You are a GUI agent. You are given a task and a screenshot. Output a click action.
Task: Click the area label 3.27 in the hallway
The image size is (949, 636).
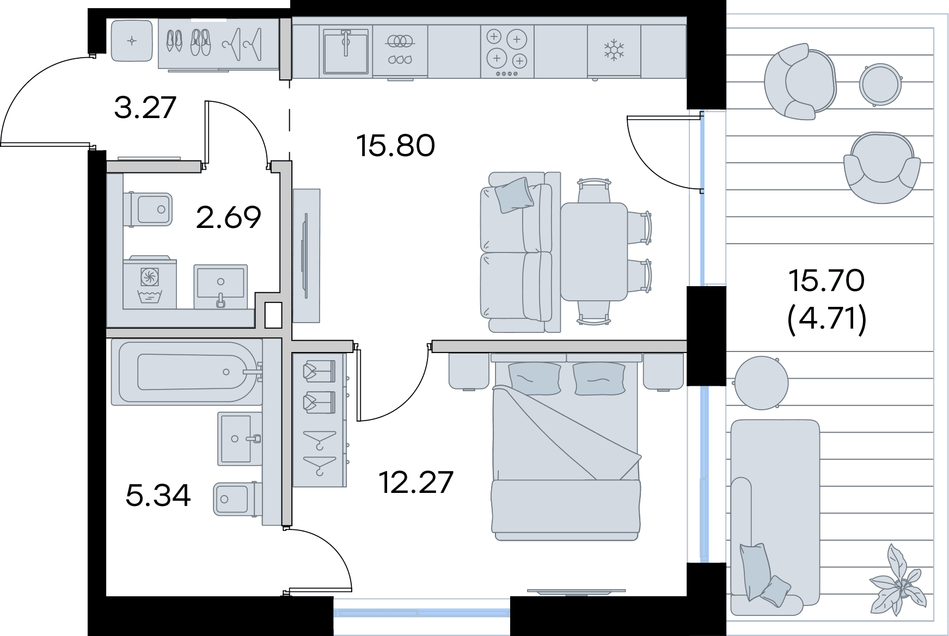(x=145, y=107)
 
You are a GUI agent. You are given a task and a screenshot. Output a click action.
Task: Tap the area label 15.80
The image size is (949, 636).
(x=396, y=146)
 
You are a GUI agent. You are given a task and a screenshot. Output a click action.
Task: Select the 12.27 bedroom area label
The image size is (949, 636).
(x=417, y=482)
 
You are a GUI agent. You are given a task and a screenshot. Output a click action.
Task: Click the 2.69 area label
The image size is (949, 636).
(x=229, y=218)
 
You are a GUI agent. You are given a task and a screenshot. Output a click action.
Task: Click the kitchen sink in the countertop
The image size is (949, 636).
(x=346, y=51)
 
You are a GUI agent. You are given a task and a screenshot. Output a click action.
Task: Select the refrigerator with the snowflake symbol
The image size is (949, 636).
(x=614, y=51)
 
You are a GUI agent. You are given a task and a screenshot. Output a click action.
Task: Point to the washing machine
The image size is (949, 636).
(x=150, y=283)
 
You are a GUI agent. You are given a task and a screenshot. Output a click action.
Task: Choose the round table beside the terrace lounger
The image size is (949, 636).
(x=761, y=383)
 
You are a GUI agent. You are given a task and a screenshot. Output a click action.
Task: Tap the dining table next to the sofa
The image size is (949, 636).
(x=594, y=251)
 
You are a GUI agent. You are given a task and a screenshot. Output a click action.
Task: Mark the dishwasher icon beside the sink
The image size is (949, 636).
(x=400, y=51)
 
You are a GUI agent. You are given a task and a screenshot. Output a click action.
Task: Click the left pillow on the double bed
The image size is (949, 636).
(x=534, y=378)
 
